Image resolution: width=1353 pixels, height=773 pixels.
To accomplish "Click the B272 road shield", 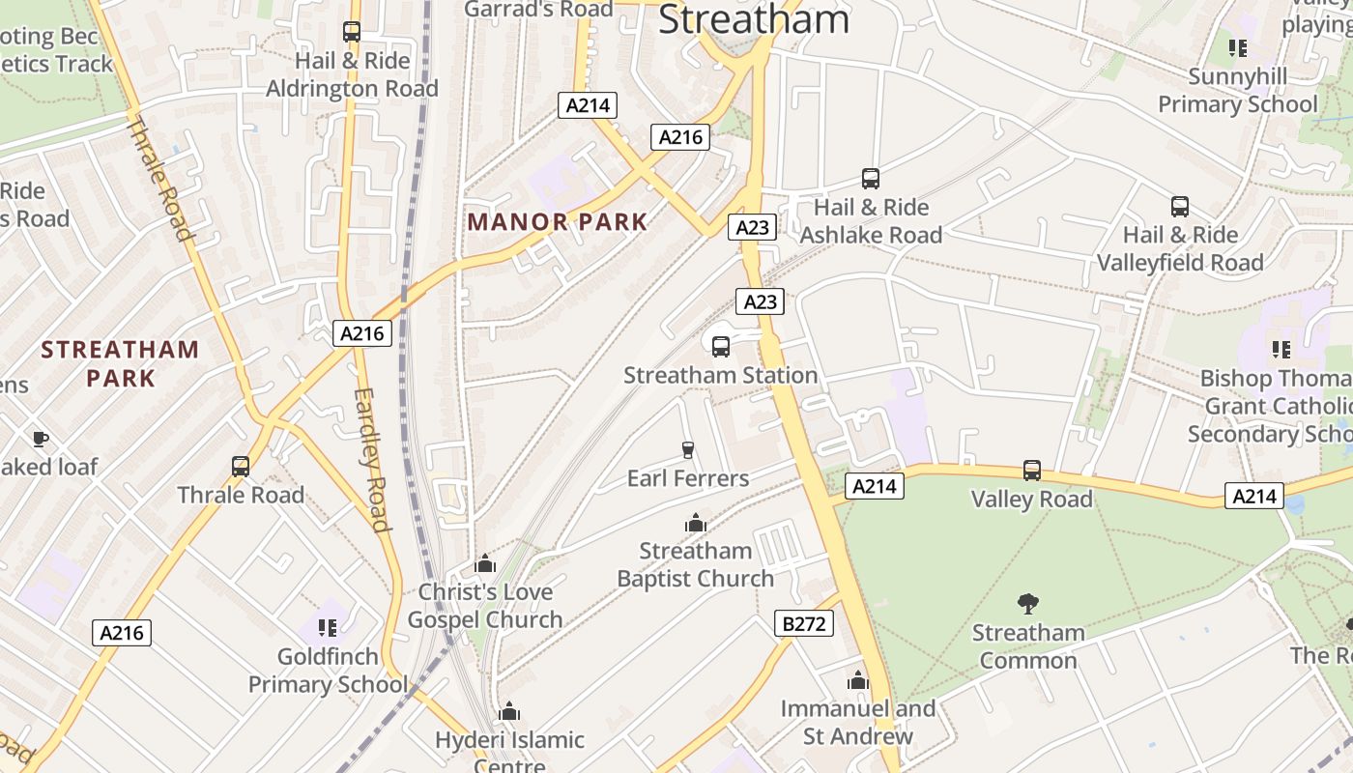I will [804, 624].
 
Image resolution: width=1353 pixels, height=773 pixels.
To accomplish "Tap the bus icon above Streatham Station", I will [721, 347].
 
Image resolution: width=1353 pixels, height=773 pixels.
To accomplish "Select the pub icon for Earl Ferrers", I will [688, 449].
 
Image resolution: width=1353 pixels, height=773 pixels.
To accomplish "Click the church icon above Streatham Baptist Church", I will [695, 523].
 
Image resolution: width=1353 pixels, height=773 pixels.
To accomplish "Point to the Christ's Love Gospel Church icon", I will [485, 563].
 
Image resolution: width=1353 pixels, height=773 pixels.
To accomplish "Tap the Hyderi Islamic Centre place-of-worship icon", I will [509, 712].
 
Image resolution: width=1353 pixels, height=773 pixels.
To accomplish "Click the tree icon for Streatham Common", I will [1028, 604].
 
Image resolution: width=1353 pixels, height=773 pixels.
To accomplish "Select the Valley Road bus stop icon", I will [1032, 471].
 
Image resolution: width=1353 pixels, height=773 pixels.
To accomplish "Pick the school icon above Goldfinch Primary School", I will [328, 628].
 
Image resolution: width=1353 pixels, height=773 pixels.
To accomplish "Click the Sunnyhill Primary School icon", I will [1238, 47].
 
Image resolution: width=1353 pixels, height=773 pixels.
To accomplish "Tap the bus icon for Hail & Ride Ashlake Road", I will [871, 179].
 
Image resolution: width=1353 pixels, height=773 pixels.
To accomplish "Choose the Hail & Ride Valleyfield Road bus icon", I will [1180, 207].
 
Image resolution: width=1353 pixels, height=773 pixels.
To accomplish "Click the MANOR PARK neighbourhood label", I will [558, 222].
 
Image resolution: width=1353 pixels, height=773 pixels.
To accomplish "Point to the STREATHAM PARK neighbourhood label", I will [121, 363].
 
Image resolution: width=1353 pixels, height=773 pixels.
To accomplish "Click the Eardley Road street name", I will [371, 460].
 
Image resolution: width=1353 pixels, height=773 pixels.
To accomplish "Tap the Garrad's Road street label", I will [538, 10].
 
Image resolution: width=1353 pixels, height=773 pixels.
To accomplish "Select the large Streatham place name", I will [754, 19].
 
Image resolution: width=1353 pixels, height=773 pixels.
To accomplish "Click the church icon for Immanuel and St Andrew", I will [857, 680].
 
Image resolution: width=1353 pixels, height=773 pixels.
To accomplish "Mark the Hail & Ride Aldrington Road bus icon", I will [352, 32].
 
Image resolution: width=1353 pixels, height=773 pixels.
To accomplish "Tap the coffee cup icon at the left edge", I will [40, 439].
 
